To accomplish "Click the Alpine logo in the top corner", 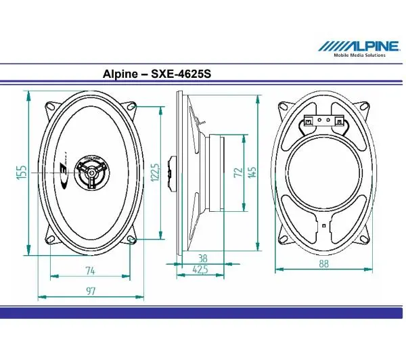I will (359, 45).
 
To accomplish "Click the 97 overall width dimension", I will (90, 292).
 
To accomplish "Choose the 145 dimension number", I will (252, 171).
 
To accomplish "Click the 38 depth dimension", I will (202, 258).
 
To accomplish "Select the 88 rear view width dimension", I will (323, 265).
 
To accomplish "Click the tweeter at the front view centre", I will (90, 173).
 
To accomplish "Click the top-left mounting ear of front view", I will (51, 108).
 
